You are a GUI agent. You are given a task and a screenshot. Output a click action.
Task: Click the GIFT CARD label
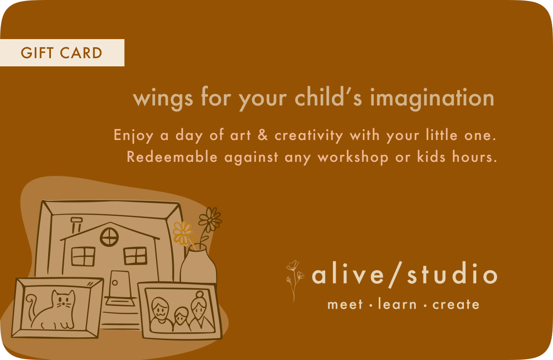pyautogui.click(x=61, y=53)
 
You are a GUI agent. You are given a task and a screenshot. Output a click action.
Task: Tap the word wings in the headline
pyautogui.click(x=163, y=99)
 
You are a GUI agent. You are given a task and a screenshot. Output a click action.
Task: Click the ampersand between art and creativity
pyautogui.click(x=263, y=135)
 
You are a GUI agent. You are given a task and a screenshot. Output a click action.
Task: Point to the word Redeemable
pyautogui.click(x=172, y=157)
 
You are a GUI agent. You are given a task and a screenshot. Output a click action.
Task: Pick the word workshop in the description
pyautogui.click(x=353, y=158)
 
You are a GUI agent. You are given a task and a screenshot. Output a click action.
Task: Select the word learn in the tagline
pyautogui.click(x=397, y=304)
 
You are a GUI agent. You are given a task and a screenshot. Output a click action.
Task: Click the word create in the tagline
pyautogui.click(x=456, y=305)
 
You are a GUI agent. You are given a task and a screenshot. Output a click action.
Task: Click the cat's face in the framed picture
pyautogui.click(x=63, y=300)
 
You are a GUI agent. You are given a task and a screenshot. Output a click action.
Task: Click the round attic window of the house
pyautogui.click(x=109, y=237)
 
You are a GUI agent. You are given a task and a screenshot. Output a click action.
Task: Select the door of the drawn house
pyautogui.click(x=120, y=284)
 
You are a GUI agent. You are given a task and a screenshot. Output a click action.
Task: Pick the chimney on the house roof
pyautogui.click(x=76, y=224)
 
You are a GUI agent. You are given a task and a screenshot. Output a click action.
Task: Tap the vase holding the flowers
pyautogui.click(x=198, y=264)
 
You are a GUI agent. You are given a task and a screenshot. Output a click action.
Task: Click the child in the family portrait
pyautogui.click(x=181, y=320)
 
